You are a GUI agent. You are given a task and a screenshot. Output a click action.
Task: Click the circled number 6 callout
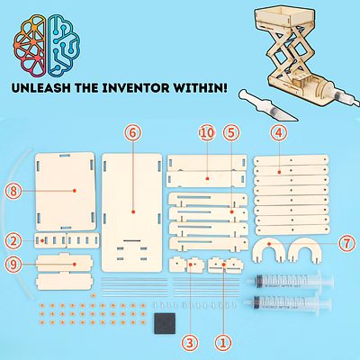pos(133,133)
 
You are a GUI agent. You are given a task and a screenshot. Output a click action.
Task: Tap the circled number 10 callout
pos(207,133)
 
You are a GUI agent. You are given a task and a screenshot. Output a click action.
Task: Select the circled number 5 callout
pos(231,133)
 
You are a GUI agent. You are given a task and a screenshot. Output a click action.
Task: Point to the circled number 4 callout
pos(279,133)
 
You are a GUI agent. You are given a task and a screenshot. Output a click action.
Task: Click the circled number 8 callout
pos(13,191)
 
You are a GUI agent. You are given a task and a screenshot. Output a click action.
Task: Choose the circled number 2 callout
pos(13,241)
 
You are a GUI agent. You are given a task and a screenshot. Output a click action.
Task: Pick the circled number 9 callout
pos(13,265)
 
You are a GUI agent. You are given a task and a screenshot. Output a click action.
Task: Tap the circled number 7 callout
pos(347,244)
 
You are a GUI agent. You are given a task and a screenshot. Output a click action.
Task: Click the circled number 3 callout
pos(190,342)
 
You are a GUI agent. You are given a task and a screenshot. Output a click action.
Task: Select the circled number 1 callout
pos(223,342)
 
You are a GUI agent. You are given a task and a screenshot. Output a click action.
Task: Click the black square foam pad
pos(165,323)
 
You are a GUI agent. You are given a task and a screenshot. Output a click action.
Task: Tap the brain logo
pos(47,45)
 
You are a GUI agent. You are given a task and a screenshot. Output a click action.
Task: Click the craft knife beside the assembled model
pos(267,105)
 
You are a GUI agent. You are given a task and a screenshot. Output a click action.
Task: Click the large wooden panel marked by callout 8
pos(66,192)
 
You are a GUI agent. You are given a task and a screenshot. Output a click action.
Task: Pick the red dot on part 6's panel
pos(133,211)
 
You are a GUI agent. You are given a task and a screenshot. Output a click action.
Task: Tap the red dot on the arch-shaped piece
pos(269,244)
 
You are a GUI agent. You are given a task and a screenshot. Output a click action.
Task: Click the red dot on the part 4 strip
pos(279,172)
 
